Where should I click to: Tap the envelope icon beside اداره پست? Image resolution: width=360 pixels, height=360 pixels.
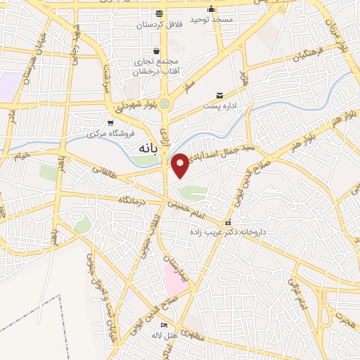point(220,95)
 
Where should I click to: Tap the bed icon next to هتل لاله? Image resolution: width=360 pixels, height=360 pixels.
point(164,326)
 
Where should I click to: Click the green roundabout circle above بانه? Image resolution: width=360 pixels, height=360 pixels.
point(165,104)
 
